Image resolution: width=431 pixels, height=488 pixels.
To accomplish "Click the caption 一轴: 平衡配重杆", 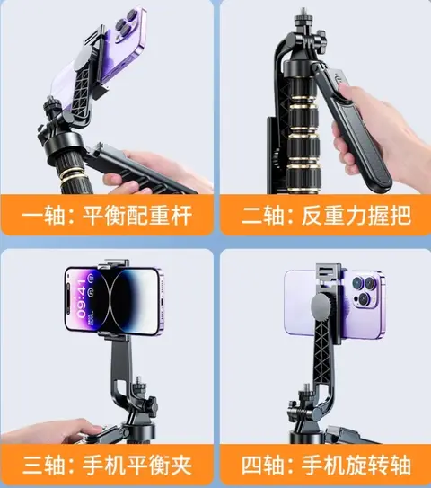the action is coord(107,216).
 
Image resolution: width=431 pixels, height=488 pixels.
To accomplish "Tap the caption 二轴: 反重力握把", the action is coord(326,216).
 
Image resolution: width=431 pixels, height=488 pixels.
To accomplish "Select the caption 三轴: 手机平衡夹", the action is coord(107,466).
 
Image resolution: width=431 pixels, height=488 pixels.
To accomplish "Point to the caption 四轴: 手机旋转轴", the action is coord(326,466).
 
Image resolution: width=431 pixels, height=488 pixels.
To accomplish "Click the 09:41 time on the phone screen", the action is coord(82,298).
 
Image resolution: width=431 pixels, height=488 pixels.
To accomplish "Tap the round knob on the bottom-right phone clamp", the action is coord(324,306).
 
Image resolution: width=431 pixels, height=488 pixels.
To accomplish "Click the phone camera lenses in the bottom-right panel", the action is coord(365,291).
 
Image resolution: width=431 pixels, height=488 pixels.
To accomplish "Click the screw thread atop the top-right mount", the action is coord(303,13).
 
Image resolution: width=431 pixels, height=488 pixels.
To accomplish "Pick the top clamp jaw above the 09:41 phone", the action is coord(113,264).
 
